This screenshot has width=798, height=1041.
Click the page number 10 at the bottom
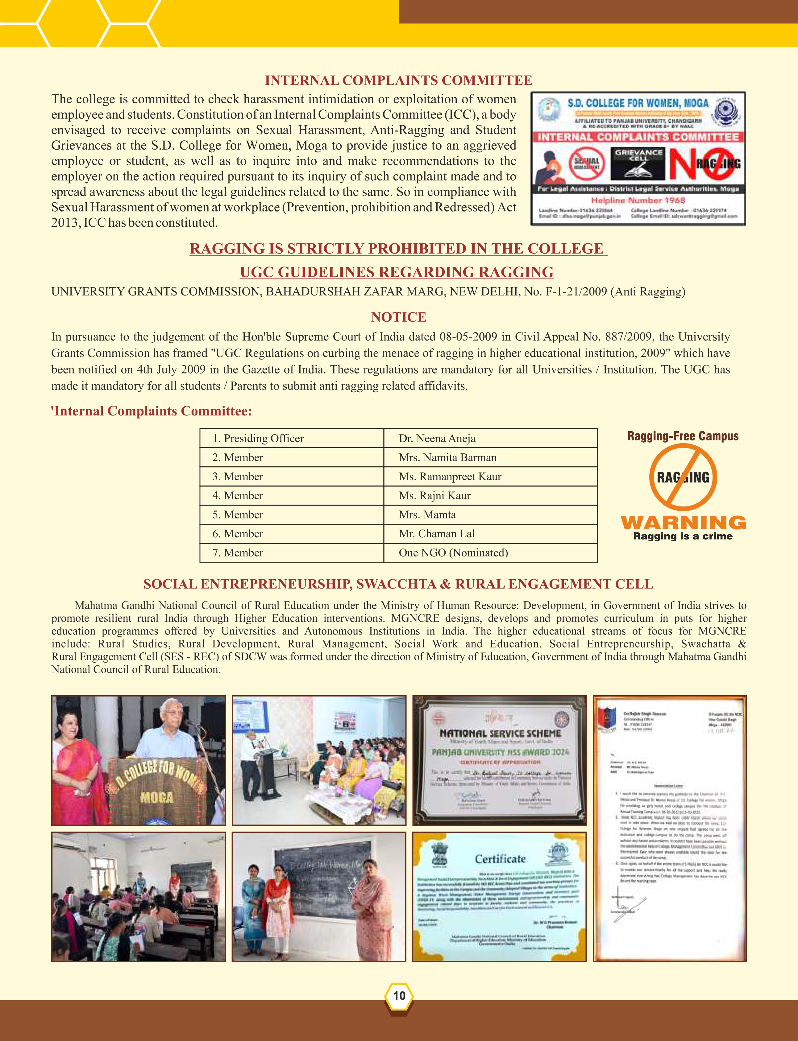(x=399, y=995)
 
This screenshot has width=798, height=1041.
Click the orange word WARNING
(x=683, y=523)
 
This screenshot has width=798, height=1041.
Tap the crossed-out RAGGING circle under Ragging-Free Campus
(x=683, y=477)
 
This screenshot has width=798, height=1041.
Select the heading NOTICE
(x=398, y=317)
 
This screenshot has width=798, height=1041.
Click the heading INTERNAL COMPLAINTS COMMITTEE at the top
(x=398, y=80)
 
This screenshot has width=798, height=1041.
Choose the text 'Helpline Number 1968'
(x=638, y=200)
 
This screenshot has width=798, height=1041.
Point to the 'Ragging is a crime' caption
(x=683, y=536)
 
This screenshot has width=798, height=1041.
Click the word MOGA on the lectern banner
(x=156, y=797)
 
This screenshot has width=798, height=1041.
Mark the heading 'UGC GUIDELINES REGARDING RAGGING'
(x=397, y=272)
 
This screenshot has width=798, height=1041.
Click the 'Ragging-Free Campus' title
(x=683, y=436)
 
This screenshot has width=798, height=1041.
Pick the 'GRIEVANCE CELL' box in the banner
(x=638, y=163)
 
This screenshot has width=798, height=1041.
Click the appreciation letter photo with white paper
(x=670, y=828)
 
